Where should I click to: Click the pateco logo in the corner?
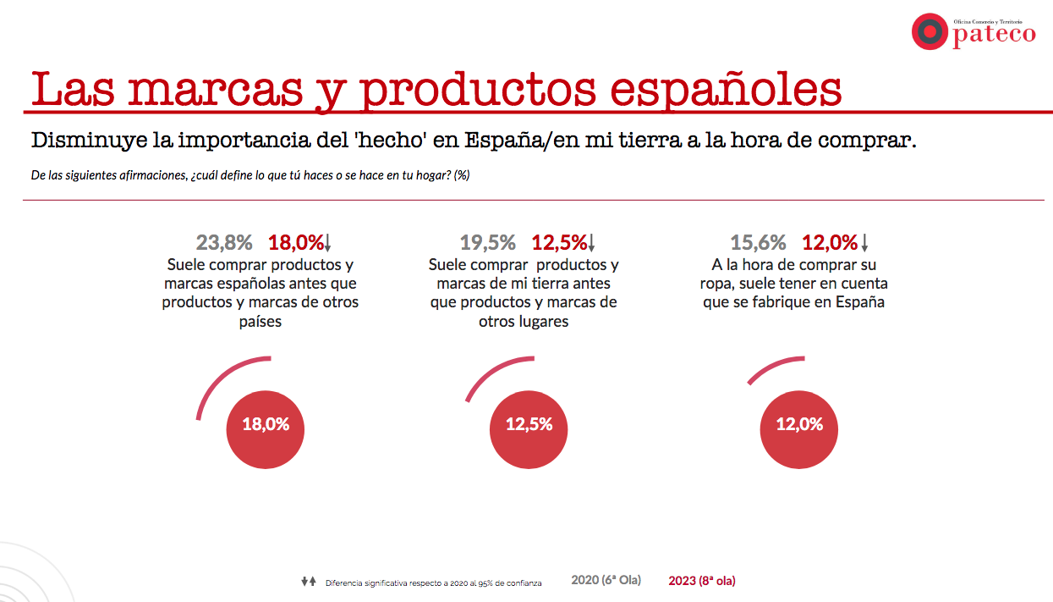click(x=973, y=31)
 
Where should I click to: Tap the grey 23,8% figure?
click(x=224, y=243)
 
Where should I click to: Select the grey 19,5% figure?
click(x=487, y=243)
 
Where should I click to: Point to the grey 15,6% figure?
click(x=758, y=243)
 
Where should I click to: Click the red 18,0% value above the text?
click(x=295, y=243)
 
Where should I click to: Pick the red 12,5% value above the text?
click(x=558, y=243)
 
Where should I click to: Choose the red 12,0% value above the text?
click(x=829, y=243)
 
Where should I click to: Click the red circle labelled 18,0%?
click(x=266, y=425)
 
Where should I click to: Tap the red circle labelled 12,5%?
click(x=529, y=425)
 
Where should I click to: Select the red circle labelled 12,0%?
click(x=799, y=425)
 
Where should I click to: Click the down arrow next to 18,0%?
click(x=328, y=244)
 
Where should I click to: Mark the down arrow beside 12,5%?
click(x=591, y=244)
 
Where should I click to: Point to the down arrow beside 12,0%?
click(x=864, y=244)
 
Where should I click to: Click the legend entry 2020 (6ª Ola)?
click(x=606, y=581)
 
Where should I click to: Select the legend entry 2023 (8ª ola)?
click(x=701, y=581)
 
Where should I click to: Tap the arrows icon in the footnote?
click(x=308, y=582)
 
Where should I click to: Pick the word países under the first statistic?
click(x=261, y=322)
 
